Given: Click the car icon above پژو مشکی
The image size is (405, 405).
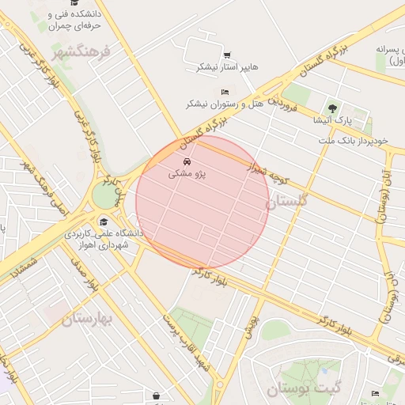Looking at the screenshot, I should click(187, 163).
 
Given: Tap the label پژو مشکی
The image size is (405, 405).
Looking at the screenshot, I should click(187, 175).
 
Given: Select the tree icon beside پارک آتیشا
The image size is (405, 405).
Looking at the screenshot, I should click(332, 108).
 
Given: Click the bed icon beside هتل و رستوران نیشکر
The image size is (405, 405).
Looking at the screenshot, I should click(225, 92).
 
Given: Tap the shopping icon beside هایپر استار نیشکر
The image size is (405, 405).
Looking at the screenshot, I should click(227, 55).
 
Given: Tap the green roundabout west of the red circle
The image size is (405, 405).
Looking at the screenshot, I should click(104, 195).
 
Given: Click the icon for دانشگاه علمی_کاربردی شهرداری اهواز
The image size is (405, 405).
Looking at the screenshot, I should click(104, 221).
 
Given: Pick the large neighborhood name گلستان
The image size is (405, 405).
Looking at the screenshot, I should click(290, 202).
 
